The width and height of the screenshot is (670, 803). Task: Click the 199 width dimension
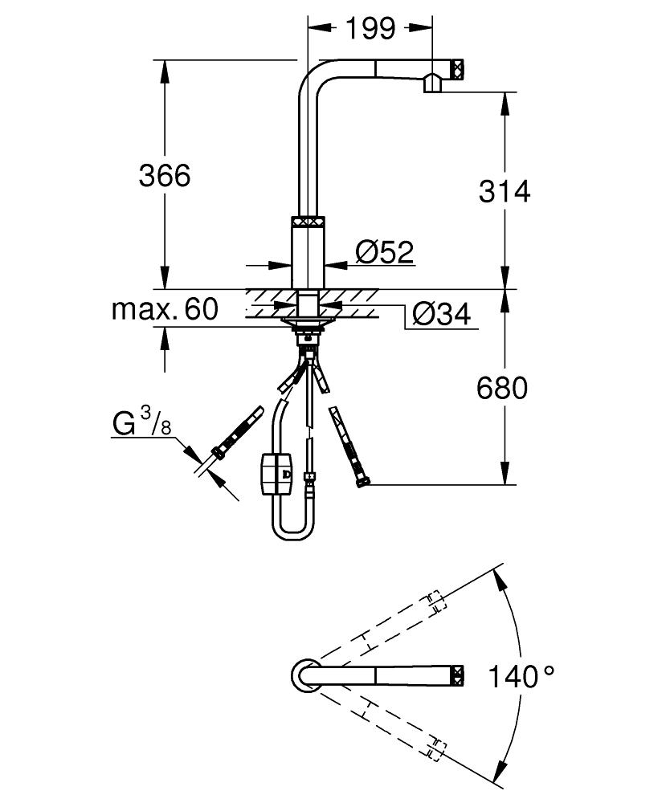pos(370,29)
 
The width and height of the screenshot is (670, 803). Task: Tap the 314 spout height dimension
pos(504,191)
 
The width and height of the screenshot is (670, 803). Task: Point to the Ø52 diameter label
pos(383,252)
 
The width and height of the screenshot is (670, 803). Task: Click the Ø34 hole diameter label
pos(440,315)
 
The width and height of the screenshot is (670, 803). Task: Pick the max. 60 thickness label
pos(165,310)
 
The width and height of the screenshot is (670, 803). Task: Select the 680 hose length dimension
pos(502,389)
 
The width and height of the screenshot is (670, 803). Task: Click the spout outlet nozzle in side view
pos(431,83)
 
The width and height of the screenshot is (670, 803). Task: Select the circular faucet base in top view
pos(306,675)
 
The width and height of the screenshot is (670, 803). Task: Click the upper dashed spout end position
pos(435,602)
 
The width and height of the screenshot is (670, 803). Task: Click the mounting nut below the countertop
pos(306,325)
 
